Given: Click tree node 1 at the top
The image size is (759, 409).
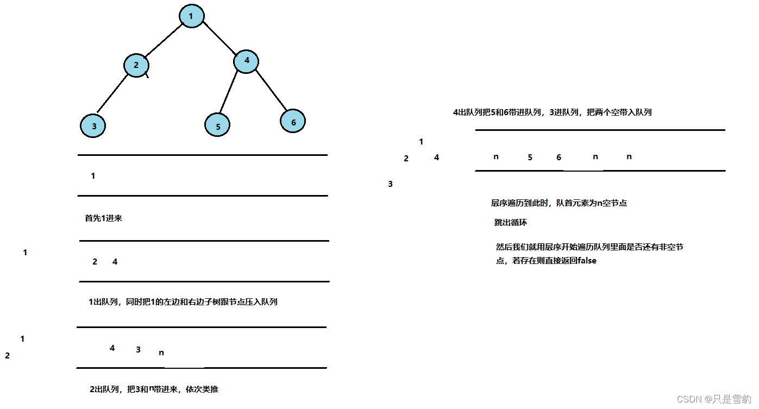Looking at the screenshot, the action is click(191, 16).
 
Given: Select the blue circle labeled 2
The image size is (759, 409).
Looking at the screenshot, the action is click(136, 66).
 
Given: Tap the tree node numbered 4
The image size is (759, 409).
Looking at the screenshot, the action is click(247, 61).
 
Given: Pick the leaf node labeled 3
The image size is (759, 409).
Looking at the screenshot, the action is click(93, 126).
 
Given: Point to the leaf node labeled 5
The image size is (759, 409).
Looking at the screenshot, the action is click(217, 126).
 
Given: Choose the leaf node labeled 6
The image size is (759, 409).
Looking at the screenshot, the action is click(293, 122).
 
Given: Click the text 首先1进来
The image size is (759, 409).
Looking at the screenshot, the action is click(104, 218).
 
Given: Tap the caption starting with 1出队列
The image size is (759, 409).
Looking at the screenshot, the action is click(183, 302).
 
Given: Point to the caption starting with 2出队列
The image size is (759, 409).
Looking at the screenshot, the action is click(154, 389).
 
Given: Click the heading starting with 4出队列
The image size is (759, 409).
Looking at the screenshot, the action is click(552, 112).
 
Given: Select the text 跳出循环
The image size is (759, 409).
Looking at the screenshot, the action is click(511, 223).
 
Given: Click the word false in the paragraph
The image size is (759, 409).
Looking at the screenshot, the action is click(587, 261).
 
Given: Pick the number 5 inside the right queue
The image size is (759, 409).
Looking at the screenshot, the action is click(530, 158).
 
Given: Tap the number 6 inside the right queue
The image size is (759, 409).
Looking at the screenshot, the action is click(559, 158).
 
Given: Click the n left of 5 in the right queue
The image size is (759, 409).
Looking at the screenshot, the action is click(495, 157).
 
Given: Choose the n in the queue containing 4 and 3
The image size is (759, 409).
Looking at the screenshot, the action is click(161, 353).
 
